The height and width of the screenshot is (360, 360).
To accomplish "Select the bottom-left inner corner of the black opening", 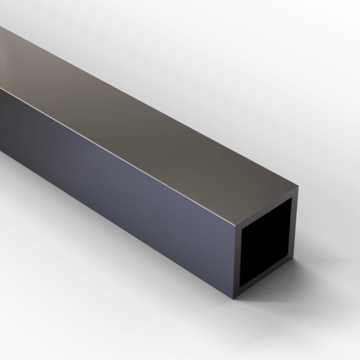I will click(x=240, y=286).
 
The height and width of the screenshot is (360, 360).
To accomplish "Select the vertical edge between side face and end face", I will click(x=233, y=260).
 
